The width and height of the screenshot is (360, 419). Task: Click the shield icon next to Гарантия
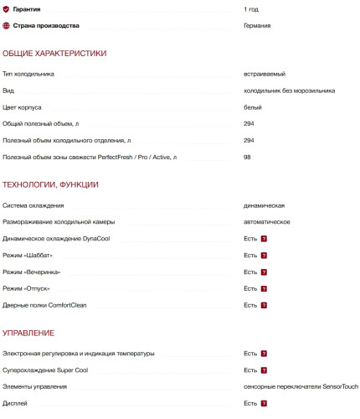point(7,8)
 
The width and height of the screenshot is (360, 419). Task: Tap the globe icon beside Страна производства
point(7,25)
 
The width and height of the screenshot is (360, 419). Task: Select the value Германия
point(257,25)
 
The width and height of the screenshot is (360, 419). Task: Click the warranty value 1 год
point(251,8)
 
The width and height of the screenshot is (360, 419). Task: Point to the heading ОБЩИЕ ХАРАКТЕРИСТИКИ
point(54,54)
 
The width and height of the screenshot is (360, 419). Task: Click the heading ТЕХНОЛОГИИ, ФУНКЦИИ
point(51,184)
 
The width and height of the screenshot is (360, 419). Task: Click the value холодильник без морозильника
point(289,91)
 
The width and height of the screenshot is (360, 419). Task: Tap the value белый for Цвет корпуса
point(253,107)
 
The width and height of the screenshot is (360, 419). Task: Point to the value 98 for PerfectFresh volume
point(248,157)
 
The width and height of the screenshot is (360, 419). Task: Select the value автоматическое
point(267,222)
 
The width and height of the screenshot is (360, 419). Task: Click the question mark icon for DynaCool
point(264,239)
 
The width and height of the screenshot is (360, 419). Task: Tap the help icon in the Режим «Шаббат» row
point(264,256)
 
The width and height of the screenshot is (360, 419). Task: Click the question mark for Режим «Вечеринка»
point(264,272)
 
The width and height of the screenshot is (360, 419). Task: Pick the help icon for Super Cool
point(264,370)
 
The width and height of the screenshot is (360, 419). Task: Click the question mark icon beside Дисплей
point(264,403)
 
